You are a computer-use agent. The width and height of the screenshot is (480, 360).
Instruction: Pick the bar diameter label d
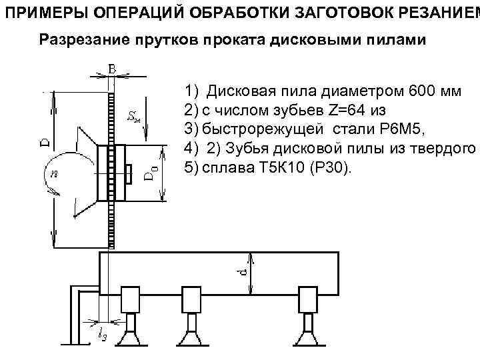tap(244, 273)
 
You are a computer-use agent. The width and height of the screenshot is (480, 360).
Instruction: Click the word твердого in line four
tap(446, 147)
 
